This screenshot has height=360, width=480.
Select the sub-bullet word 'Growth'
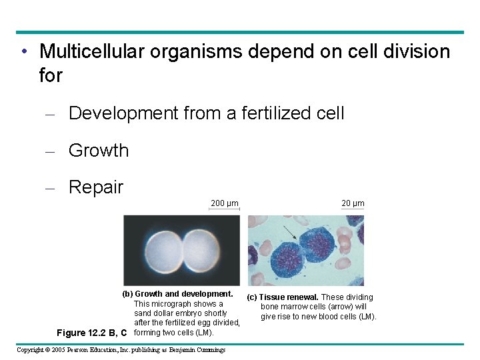(99, 151)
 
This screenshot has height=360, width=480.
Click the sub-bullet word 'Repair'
(96, 187)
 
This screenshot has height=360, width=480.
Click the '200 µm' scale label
(224, 203)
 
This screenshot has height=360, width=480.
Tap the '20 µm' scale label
(353, 203)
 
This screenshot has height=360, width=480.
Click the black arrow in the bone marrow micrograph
(289, 233)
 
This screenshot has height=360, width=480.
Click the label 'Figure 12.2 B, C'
(92, 333)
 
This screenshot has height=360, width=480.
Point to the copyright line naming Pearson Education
(121, 350)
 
